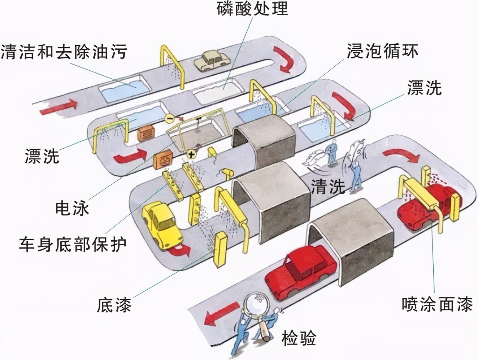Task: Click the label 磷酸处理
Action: pyautogui.click(x=253, y=8)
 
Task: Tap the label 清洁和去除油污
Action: pyautogui.click(x=64, y=52)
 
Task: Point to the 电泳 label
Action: pyautogui.click(x=72, y=208)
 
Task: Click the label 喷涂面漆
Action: pyautogui.click(x=437, y=304)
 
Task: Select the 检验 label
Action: pyautogui.click(x=299, y=338)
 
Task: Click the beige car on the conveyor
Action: pyautogui.click(x=212, y=60)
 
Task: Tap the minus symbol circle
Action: pyautogui.click(x=169, y=118)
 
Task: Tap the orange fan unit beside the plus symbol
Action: pyautogui.click(x=163, y=161)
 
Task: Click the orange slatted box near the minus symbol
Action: pyautogui.click(x=147, y=133)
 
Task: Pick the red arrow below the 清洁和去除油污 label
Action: pyautogui.click(x=59, y=107)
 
